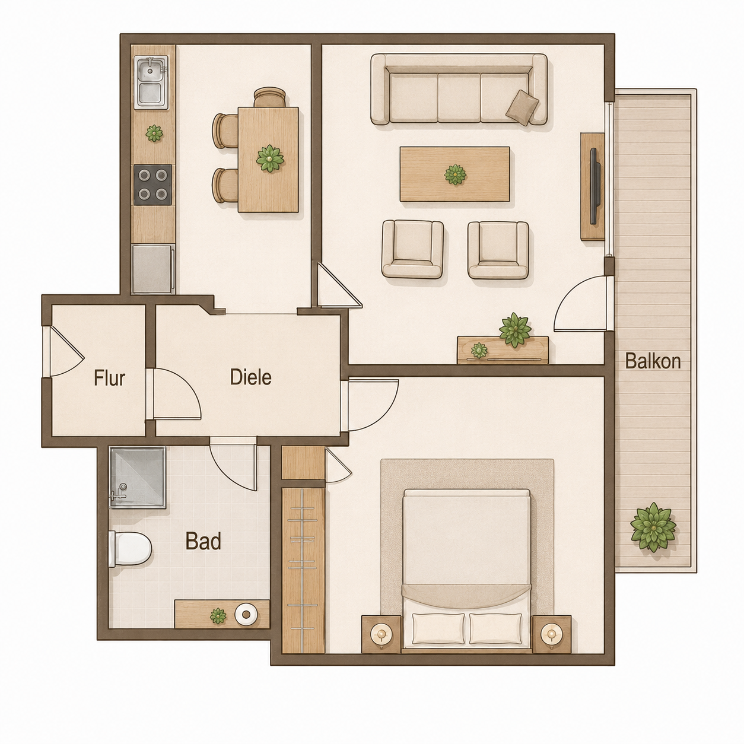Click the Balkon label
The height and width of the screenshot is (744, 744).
pos(653,362)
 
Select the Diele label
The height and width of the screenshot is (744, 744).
pos(250,377)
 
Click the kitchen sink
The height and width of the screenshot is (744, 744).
pos(151,82)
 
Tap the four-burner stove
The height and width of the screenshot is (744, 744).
pos(153,185)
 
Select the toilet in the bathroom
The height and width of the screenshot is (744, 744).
pos(130,549)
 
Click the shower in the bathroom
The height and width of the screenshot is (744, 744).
pos(138,478)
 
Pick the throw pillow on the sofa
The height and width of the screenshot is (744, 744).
pos(522,107)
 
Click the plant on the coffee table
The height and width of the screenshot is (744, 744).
pos(456,174)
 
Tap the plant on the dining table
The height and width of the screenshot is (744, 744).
pos(270,158)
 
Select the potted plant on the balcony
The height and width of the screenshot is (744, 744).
pos(653,526)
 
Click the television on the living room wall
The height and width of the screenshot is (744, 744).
pos(595,186)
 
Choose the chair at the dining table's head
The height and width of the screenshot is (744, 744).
pos(270,97)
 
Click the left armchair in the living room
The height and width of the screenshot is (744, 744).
pos(412,249)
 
